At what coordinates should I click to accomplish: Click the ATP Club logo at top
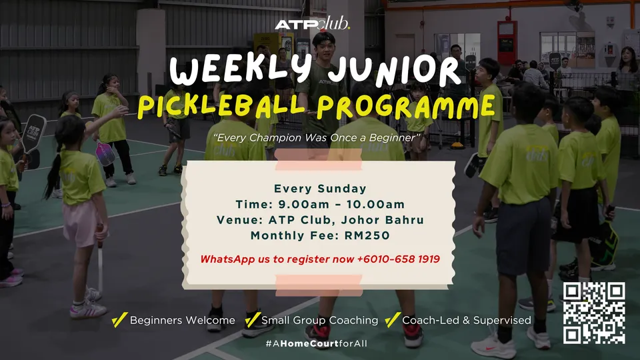pyautogui.click(x=313, y=25)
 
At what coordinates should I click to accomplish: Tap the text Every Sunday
pyautogui.click(x=320, y=189)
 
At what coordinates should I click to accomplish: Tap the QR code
pyautogui.click(x=593, y=313)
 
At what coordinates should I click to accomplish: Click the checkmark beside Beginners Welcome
pyautogui.click(x=119, y=320)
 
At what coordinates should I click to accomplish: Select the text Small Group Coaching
pyautogui.click(x=319, y=321)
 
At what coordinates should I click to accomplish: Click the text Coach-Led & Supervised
pyautogui.click(x=467, y=321)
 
